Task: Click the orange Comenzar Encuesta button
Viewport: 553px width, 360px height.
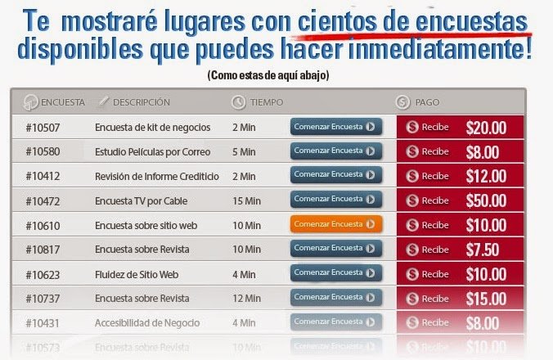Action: click(335, 224)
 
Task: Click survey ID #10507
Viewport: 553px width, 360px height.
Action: click(43, 128)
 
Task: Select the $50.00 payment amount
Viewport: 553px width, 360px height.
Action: click(486, 200)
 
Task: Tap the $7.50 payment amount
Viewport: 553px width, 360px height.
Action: click(483, 250)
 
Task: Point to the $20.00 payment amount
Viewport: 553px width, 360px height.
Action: click(486, 128)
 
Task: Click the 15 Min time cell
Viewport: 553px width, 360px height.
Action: click(246, 200)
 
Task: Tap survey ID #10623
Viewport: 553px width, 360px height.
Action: click(43, 274)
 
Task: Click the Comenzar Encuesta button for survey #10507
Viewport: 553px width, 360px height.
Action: click(335, 127)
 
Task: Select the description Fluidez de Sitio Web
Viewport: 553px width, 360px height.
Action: click(136, 274)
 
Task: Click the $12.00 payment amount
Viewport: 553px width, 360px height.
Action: click(486, 176)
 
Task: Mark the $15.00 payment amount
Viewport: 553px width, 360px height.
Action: click(486, 299)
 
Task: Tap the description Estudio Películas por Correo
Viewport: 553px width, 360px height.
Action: click(153, 151)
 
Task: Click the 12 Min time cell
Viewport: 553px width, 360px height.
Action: click(246, 299)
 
